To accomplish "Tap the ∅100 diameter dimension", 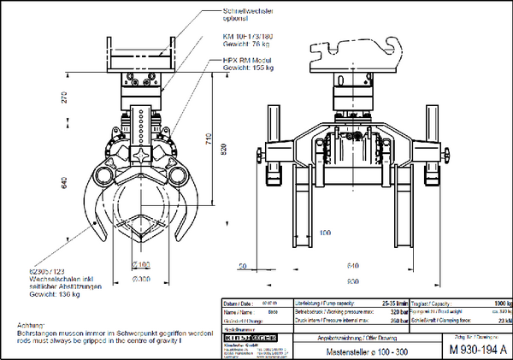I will [142, 263].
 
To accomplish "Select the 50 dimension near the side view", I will [244, 267].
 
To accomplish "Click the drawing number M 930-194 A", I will [478, 349].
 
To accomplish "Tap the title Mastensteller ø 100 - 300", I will [350, 350].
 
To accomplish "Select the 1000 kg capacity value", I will [503, 304].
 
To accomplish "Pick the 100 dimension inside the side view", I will [324, 232].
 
